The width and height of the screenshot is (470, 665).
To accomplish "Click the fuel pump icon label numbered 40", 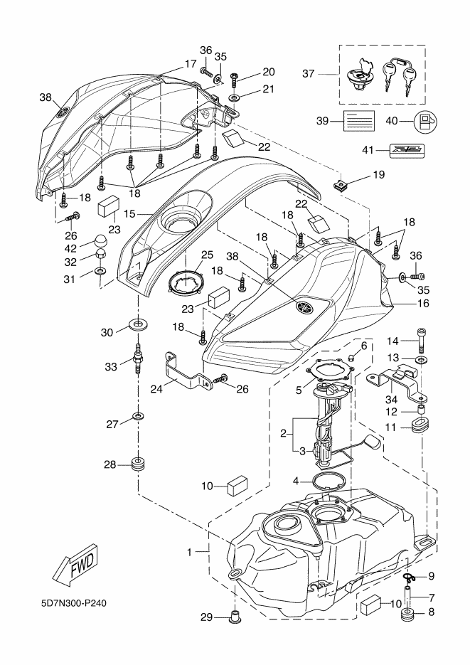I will tap(424, 122).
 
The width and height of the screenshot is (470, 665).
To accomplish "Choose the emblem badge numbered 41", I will tap(407, 151).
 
